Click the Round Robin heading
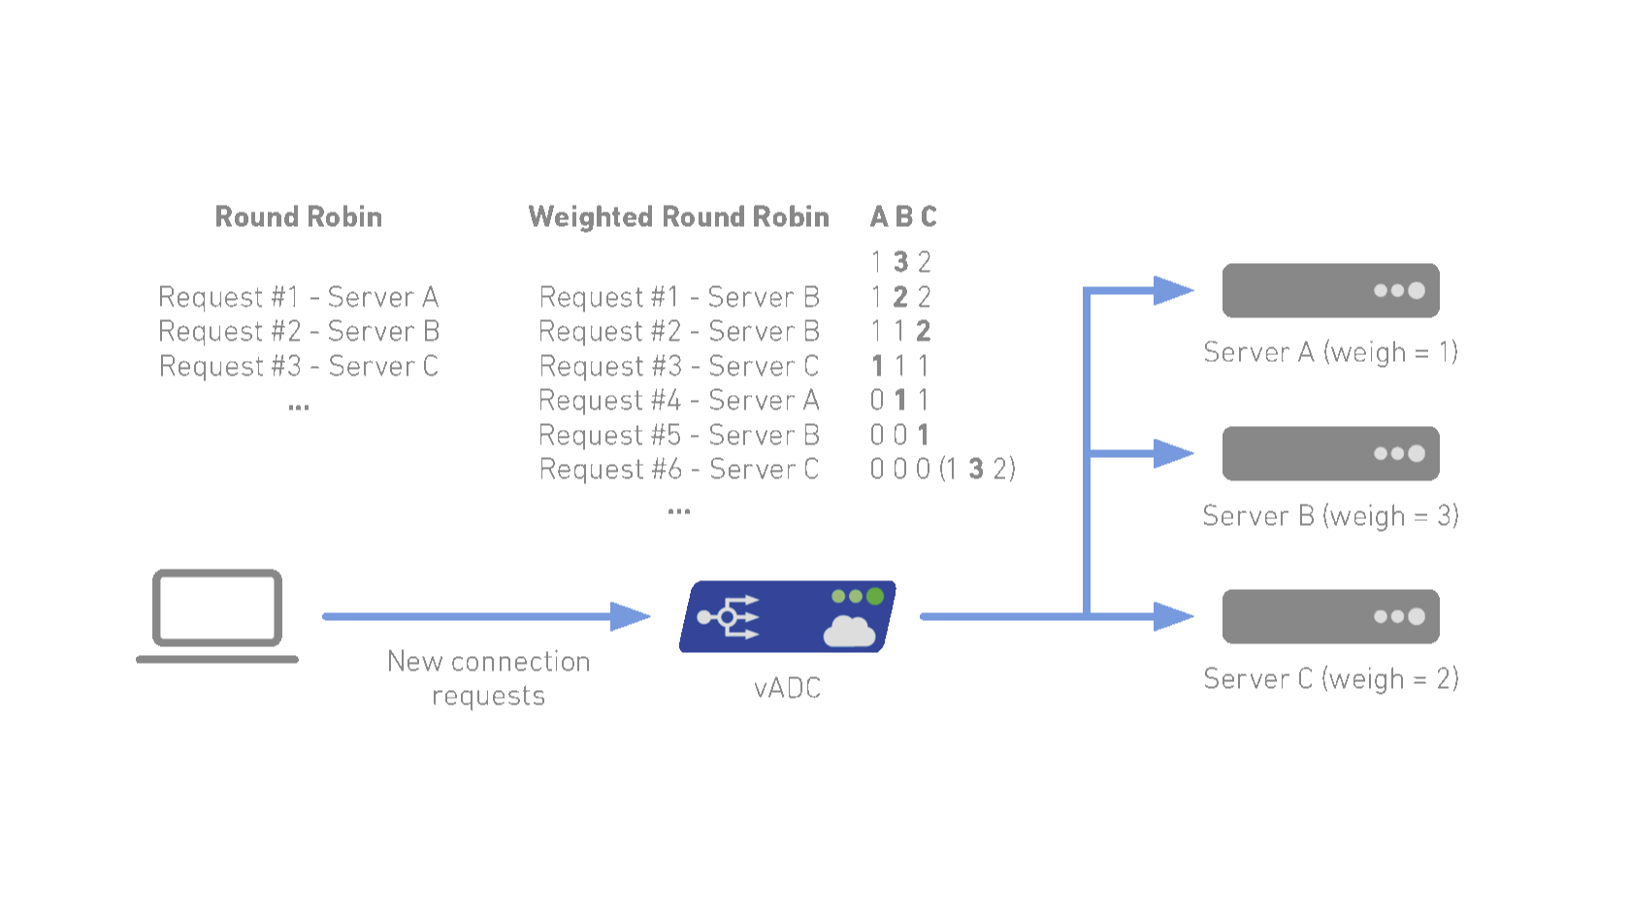[x=298, y=216]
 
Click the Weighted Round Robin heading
[x=678, y=216]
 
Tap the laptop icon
[x=217, y=614]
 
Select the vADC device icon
[x=787, y=617]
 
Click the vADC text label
[x=787, y=688]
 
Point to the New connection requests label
[x=488, y=678]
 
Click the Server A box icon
[x=1330, y=290]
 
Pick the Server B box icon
[x=1330, y=453]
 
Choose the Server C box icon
[x=1330, y=616]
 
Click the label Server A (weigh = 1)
[x=1330, y=352]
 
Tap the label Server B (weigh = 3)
[x=1330, y=515]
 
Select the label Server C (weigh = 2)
[x=1330, y=678]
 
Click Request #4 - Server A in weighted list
[x=678, y=400]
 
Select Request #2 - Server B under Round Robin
[x=299, y=332]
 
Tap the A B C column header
[x=903, y=216]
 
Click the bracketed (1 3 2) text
[x=977, y=470]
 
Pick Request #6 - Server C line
[x=678, y=470]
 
